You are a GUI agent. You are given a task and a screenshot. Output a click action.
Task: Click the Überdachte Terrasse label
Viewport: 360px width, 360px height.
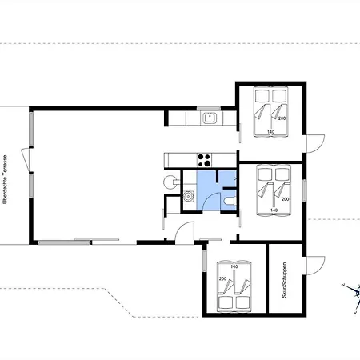[5, 179]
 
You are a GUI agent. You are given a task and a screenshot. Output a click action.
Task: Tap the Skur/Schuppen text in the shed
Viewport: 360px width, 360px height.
[284, 280]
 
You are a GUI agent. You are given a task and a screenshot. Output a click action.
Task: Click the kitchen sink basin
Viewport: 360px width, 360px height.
[210, 118]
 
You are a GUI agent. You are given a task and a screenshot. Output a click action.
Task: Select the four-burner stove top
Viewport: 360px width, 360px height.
[204, 160]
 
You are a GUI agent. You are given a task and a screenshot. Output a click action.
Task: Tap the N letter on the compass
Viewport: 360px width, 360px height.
[343, 286]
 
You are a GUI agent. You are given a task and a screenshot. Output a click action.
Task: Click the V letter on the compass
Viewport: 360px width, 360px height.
[355, 313]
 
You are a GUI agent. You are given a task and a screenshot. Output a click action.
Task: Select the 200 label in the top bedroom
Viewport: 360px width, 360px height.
[282, 118]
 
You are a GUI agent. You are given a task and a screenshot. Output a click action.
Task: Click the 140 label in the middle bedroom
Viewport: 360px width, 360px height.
[274, 210]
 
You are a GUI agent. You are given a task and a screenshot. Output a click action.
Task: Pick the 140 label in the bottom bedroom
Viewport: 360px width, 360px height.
[234, 266]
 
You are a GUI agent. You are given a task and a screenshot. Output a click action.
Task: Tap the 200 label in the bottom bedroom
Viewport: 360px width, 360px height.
[222, 278]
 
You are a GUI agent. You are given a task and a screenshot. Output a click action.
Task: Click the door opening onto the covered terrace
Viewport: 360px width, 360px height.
[26, 159]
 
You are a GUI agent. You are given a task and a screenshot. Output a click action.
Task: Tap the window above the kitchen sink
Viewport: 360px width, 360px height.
[209, 109]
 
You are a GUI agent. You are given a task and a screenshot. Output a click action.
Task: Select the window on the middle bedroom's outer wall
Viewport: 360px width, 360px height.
[304, 190]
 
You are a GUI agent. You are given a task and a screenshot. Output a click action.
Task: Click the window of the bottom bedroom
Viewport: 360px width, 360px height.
[205, 261]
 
